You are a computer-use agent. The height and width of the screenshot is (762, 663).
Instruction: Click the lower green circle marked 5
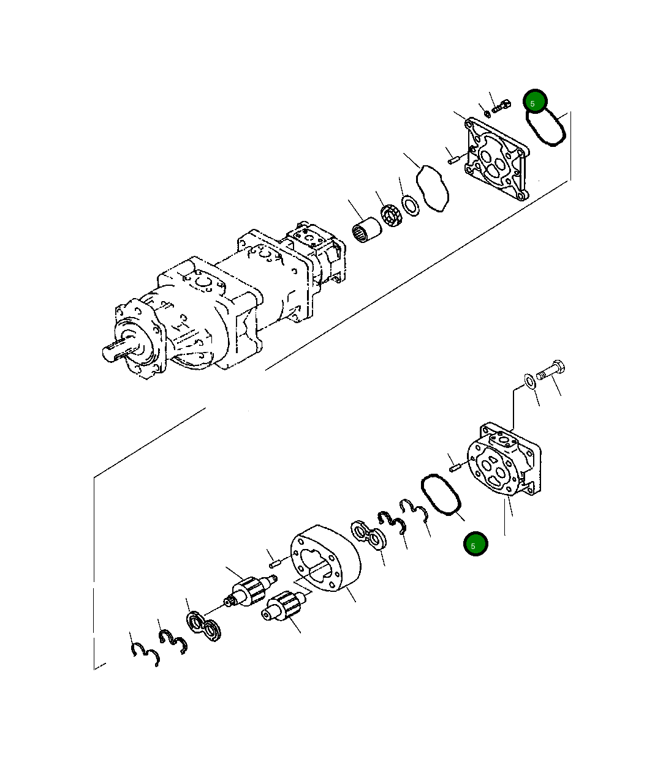(x=475, y=545)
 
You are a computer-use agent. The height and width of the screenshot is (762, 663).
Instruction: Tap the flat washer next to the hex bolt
(x=529, y=381)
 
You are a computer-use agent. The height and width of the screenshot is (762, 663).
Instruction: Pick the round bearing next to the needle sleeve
(x=390, y=215)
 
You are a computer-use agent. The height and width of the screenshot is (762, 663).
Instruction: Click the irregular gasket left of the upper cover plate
(x=433, y=189)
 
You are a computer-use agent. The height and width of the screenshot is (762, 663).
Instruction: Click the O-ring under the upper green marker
(x=546, y=127)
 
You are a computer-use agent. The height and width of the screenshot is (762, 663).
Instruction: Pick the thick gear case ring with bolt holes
(x=325, y=558)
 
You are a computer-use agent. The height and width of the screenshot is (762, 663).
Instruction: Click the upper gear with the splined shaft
(x=250, y=591)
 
